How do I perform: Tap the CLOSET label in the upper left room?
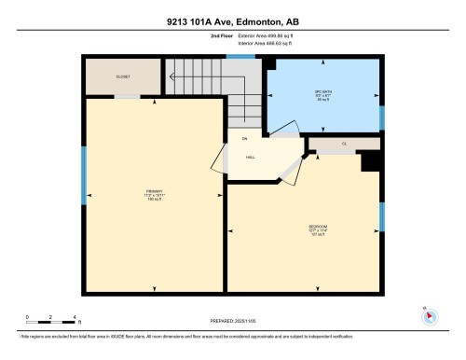coord(123,76)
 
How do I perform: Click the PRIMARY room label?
coord(154,195)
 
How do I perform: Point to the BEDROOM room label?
coord(317,228)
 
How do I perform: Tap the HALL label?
coord(251,158)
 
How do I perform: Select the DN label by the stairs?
coord(245,139)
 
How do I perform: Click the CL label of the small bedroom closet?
coord(344,145)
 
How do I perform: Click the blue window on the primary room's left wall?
coord(84,174)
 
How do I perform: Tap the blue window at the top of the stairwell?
coord(241,57)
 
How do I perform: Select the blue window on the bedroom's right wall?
coord(381,216)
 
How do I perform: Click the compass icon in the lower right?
coord(429,314)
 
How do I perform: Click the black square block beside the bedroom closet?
coord(369,161)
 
